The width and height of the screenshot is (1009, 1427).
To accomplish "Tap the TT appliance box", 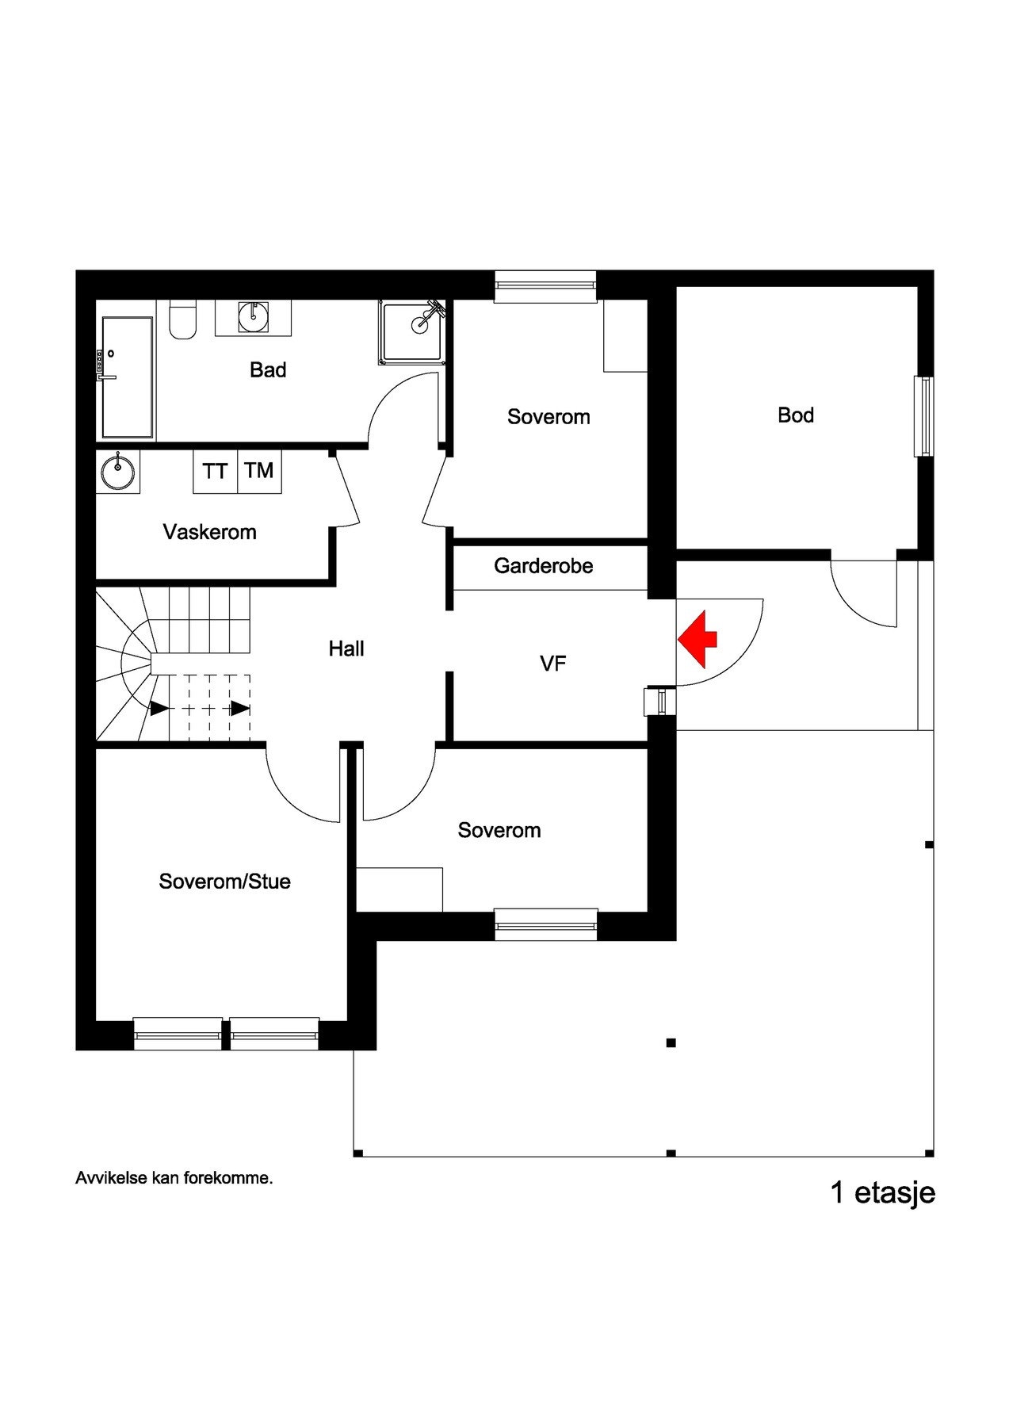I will coord(215,472).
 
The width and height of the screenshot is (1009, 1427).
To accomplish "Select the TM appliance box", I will coord(259,471).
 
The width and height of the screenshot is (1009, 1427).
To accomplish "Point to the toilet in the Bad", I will coord(182,320).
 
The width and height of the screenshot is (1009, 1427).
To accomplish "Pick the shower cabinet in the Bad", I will coord(411,332).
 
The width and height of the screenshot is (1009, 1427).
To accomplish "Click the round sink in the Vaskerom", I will coord(118,472).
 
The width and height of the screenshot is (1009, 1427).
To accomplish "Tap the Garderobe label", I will coord(543,566).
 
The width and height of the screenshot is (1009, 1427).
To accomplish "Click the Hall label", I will coord(346,649).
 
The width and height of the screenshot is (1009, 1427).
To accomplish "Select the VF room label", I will coord(553,664).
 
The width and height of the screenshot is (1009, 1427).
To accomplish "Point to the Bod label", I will coord(796,415).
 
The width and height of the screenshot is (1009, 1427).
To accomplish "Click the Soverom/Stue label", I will coord(224,882).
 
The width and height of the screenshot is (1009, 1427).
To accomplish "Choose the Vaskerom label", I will coord(210,532).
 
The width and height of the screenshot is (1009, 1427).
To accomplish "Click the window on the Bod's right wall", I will coord(923,416).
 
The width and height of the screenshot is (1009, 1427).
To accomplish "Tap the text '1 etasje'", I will coord(882,1193).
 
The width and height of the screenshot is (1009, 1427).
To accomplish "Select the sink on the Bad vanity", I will coord(253,317).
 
